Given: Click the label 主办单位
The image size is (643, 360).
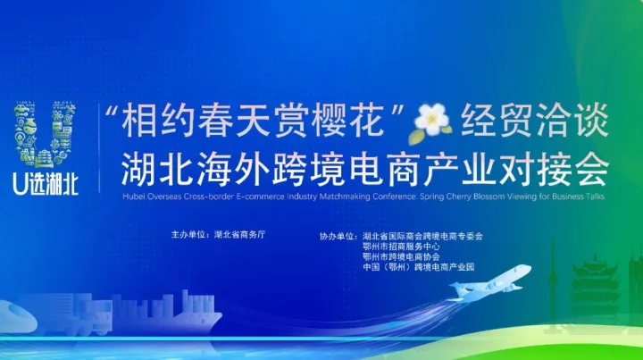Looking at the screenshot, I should tap(189, 235).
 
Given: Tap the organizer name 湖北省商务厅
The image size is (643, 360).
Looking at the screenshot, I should tap(240, 235).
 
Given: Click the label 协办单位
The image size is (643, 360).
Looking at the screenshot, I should tap(338, 236).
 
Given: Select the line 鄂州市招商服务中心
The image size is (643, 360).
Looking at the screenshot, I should tap(401, 247).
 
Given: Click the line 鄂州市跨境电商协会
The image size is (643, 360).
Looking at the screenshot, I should tap(401, 257).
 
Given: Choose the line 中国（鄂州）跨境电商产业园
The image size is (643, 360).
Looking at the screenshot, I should tap(418, 268).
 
